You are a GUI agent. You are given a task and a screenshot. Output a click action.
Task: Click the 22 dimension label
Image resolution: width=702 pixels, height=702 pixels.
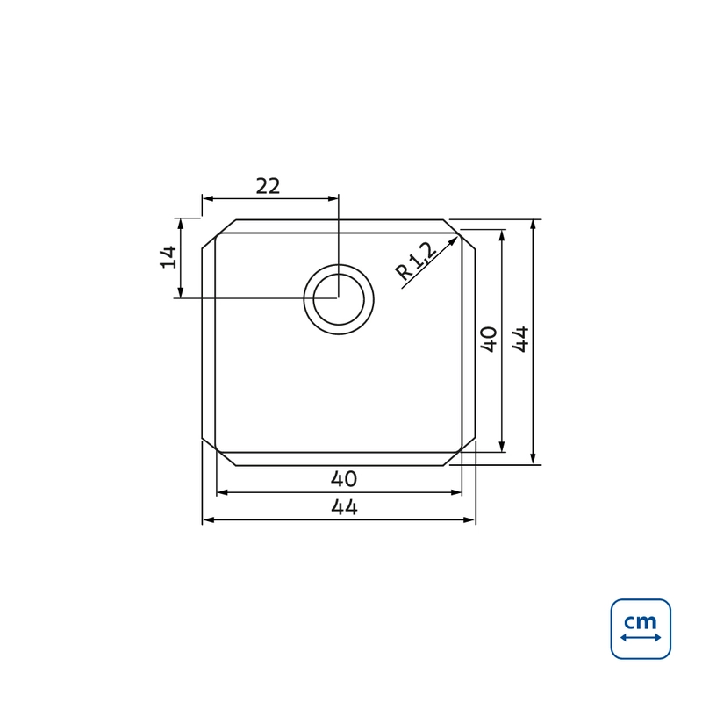tap(268, 186)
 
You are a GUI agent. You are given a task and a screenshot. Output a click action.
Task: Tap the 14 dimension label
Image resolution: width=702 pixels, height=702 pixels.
tap(168, 257)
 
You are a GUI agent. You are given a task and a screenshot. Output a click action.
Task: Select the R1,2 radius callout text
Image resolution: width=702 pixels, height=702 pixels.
tap(415, 261)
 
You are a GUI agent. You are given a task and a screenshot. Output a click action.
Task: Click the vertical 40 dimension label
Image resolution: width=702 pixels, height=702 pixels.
tap(489, 340)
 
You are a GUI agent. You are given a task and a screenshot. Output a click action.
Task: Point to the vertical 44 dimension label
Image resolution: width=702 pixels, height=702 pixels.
tap(520, 340)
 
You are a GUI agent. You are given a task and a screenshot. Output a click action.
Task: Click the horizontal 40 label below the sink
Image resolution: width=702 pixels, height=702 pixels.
tap(344, 479)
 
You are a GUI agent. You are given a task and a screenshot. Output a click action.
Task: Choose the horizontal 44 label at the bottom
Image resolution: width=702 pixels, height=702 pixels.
tap(344, 508)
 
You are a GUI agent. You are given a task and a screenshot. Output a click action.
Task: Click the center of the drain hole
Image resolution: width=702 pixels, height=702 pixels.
tap(339, 299)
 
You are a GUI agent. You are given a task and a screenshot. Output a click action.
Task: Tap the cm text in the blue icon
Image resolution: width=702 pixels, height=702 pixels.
tap(641, 621)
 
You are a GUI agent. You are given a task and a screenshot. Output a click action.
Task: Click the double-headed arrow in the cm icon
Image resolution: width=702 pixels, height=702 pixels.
tap(641, 638)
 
